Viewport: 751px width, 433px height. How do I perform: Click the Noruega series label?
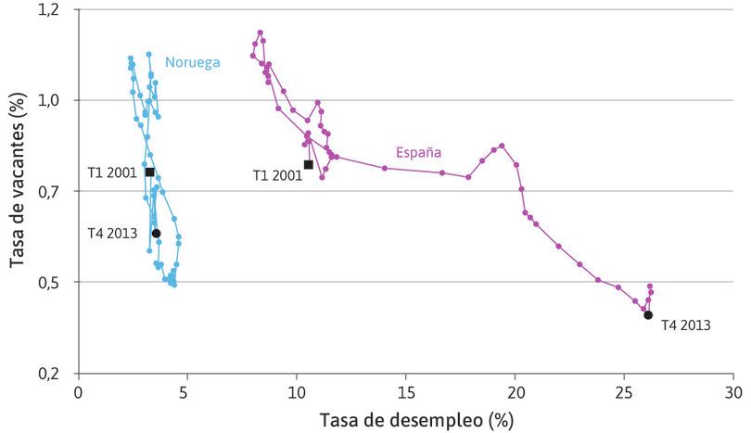192,63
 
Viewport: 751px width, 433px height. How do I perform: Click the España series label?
418,152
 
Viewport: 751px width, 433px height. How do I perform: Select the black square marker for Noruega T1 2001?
149,172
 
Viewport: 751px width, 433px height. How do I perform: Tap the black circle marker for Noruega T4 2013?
157,234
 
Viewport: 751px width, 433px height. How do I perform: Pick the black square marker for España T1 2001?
308,165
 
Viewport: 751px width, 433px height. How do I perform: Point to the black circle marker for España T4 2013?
648,315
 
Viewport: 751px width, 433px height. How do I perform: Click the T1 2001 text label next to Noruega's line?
112,172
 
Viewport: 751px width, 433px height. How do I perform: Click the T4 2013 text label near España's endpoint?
686,325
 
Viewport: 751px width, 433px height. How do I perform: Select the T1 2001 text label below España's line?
277,174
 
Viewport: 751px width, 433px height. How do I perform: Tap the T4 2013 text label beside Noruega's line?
112,234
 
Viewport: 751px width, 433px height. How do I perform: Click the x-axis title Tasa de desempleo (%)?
416,420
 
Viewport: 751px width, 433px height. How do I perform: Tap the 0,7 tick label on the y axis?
54,191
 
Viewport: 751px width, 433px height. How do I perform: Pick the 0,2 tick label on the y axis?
54,374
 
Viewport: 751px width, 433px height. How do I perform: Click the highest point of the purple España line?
261,32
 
